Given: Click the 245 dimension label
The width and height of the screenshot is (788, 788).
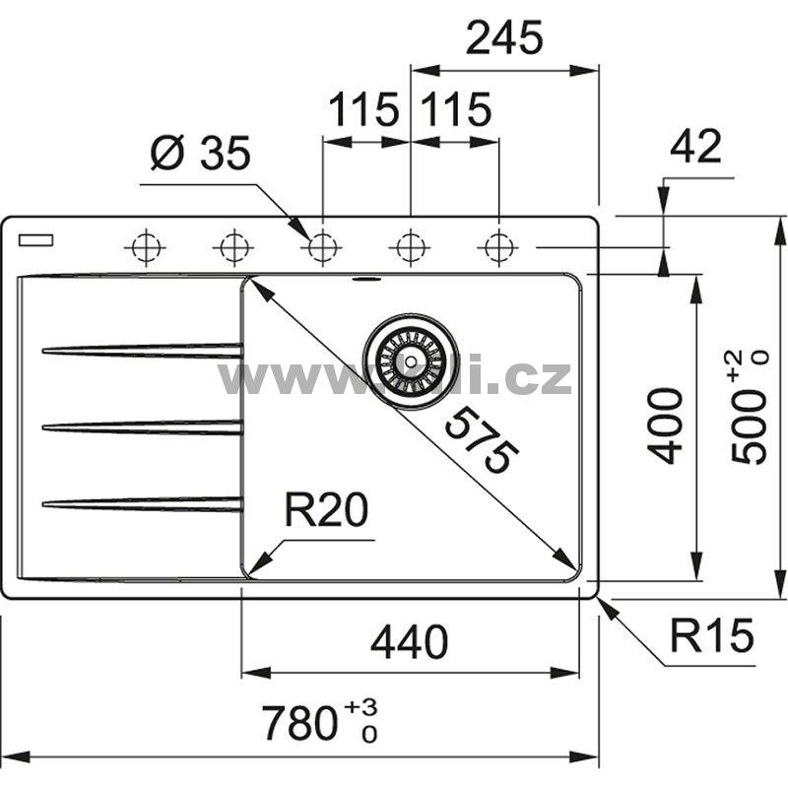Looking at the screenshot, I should coord(503,38).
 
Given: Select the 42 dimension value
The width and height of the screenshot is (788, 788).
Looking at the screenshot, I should coord(695,147).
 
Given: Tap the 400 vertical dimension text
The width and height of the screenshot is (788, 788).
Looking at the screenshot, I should coord(667,426).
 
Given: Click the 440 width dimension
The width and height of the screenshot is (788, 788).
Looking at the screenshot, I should coord(409,643).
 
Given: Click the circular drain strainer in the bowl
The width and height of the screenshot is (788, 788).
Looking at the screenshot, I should coord(410,359).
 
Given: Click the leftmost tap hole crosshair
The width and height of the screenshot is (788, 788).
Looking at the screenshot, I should coord(144,246).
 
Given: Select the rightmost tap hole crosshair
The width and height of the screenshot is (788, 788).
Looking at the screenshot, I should coord(499,246).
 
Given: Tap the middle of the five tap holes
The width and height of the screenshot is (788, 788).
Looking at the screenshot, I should coord(321,246).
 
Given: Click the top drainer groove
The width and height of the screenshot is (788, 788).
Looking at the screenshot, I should coord(142,350).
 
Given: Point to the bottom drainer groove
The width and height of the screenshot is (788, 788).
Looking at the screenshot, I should coord(142,504).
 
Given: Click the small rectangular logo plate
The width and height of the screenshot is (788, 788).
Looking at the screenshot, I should coord(38,238).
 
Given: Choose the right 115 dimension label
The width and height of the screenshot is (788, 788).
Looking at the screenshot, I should coord(455,109).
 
